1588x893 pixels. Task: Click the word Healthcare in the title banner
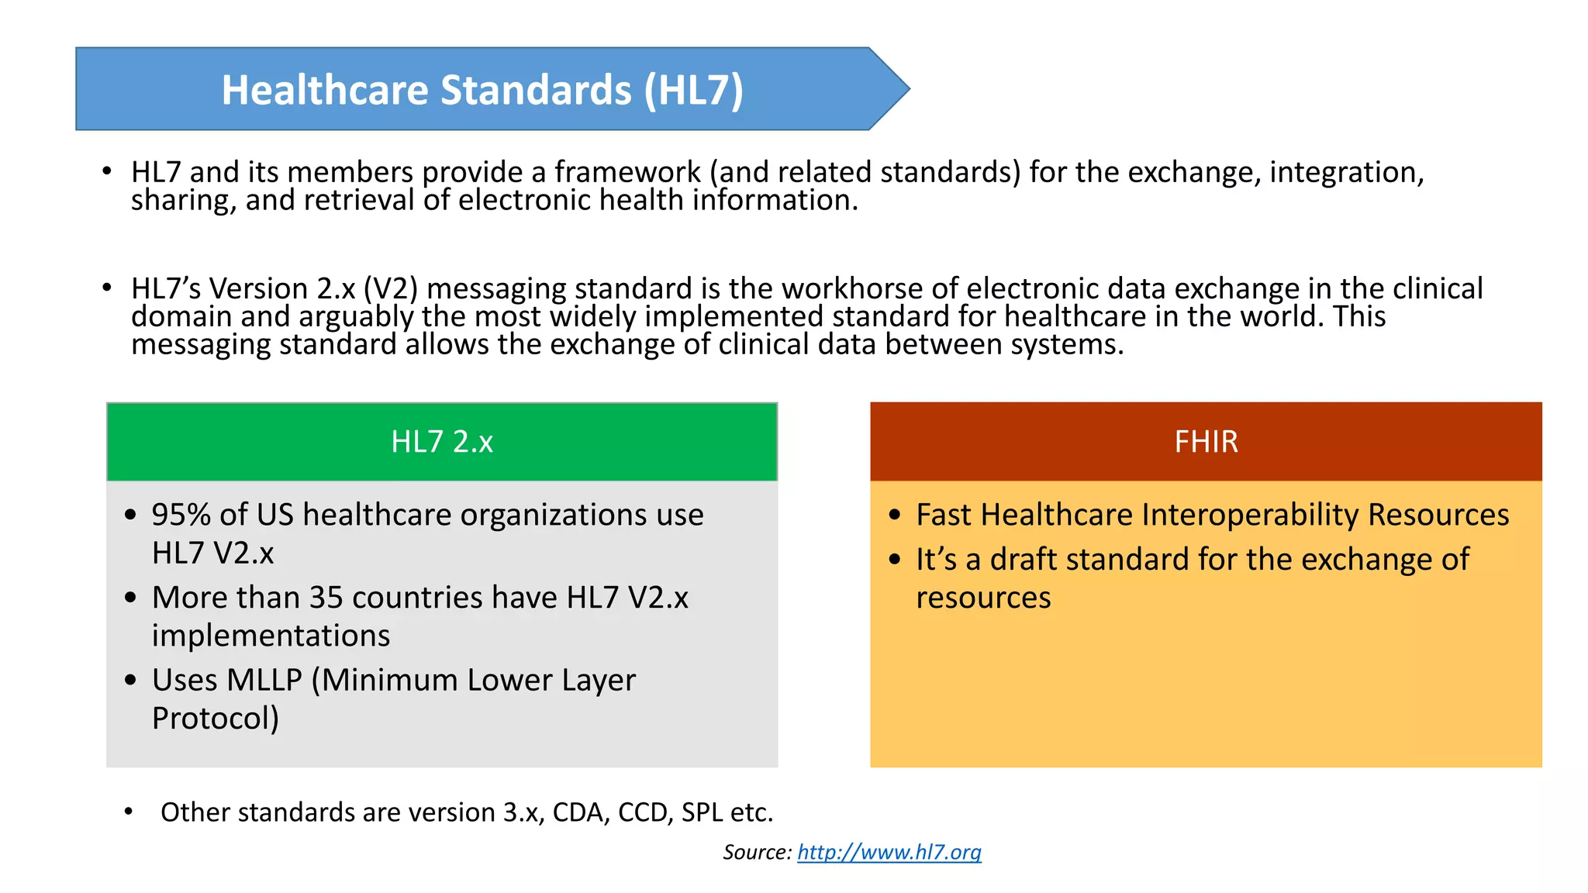pyautogui.click(x=324, y=90)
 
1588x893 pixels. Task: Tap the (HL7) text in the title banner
pyautogui.click(x=693, y=90)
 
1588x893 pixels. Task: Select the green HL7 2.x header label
pyautogui.click(x=441, y=442)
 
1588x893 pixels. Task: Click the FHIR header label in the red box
pyautogui.click(x=1206, y=442)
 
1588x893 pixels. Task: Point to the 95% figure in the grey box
pyautogui.click(x=181, y=515)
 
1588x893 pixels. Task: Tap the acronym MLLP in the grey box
pyautogui.click(x=264, y=680)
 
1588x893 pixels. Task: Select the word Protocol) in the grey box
pyautogui.click(x=215, y=719)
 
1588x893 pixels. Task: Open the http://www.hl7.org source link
pyautogui.click(x=889, y=853)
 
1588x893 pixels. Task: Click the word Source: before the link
pyautogui.click(x=757, y=853)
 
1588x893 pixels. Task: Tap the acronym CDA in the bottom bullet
pyautogui.click(x=581, y=812)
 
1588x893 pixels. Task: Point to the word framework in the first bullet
pyautogui.click(x=627, y=172)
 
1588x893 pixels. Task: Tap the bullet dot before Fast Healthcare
pyautogui.click(x=896, y=515)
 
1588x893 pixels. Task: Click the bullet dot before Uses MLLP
pyautogui.click(x=130, y=681)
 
